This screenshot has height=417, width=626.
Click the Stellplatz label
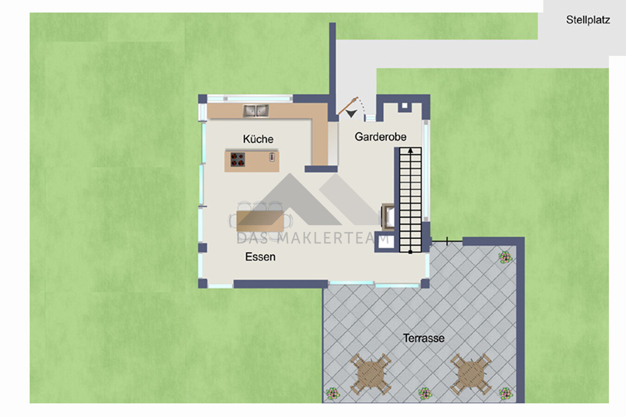[x=588, y=20]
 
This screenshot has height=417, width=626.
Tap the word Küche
[x=258, y=139]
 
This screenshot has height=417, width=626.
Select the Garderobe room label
[x=380, y=137]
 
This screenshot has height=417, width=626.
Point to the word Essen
[x=260, y=257]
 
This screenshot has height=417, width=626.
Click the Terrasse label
[x=424, y=338]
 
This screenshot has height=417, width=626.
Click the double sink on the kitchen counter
[x=256, y=111]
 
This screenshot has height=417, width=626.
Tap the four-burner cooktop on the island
[x=237, y=160]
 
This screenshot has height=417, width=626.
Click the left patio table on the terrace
[x=371, y=374]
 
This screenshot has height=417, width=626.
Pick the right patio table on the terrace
[x=471, y=374]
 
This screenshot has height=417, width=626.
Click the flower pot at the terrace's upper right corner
[x=505, y=257]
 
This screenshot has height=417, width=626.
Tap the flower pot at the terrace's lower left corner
[x=332, y=394]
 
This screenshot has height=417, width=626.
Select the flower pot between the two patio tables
[x=425, y=394]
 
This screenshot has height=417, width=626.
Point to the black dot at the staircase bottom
[x=410, y=252]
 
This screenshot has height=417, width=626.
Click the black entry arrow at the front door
[x=351, y=114]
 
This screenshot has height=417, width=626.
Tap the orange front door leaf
[x=348, y=106]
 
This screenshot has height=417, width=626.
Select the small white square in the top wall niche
[x=405, y=106]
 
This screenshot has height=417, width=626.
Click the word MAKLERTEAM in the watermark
[x=330, y=239]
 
